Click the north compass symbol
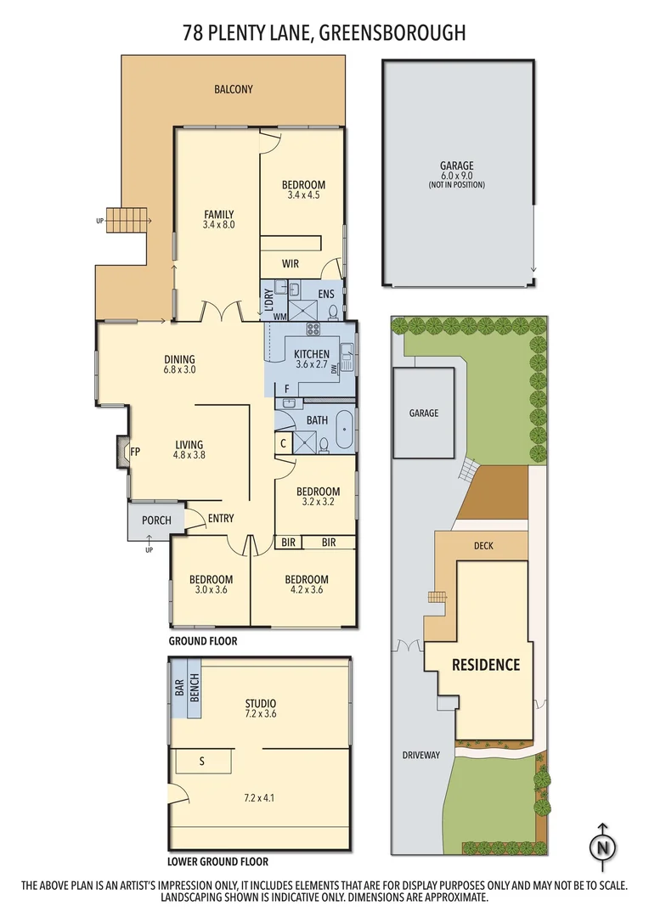pyautogui.click(x=603, y=847)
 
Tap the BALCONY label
pyautogui.click(x=233, y=89)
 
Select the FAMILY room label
pyautogui.click(x=218, y=214)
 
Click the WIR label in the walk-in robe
pyautogui.click(x=290, y=264)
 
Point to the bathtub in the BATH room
pyautogui.click(x=343, y=432)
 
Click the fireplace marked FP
pyautogui.click(x=124, y=452)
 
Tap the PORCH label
pyautogui.click(x=156, y=520)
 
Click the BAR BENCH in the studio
pyautogui.click(x=187, y=689)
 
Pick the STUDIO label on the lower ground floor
pyautogui.click(x=260, y=703)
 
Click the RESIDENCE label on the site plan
pyautogui.click(x=485, y=664)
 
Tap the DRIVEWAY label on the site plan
pyautogui.click(x=421, y=754)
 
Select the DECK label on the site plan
pyautogui.click(x=483, y=546)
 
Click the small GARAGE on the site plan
pyautogui.click(x=424, y=413)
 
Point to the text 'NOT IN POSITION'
pyautogui.click(x=457, y=184)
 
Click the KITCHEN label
pyautogui.click(x=311, y=354)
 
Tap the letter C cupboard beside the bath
pyautogui.click(x=283, y=442)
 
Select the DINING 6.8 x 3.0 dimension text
pyautogui.click(x=179, y=370)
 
